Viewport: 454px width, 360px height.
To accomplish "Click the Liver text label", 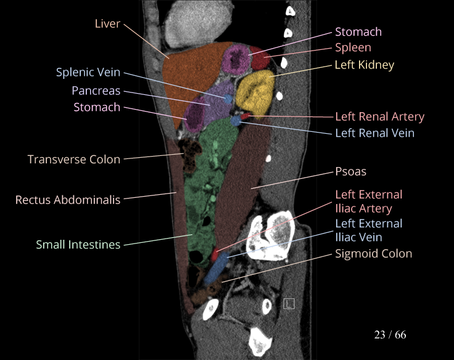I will click(x=107, y=24).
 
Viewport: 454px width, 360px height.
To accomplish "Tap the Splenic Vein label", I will click(x=88, y=73).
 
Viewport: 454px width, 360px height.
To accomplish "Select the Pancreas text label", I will click(x=96, y=90).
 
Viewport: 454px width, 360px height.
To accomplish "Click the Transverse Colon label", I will click(x=74, y=160).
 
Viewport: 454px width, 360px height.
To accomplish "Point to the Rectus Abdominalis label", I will click(x=68, y=200).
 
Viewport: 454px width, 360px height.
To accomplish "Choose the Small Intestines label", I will click(x=78, y=245).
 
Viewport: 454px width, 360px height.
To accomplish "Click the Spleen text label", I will click(x=353, y=47).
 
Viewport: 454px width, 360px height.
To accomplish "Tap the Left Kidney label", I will click(x=364, y=65).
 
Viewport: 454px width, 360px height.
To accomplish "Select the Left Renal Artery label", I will click(x=379, y=117).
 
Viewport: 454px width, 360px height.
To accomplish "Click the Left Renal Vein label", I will click(x=374, y=133).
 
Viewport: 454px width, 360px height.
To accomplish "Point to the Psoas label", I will click(x=350, y=171).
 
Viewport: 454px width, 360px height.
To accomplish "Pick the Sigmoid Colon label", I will click(x=373, y=253).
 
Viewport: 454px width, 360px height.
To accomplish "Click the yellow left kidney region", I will click(x=255, y=91).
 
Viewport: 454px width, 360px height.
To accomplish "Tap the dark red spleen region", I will click(x=259, y=60).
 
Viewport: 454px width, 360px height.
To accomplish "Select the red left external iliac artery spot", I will click(x=215, y=253).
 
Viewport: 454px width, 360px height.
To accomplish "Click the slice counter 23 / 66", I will click(x=390, y=335).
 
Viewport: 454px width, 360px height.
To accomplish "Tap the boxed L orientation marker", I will click(x=289, y=303).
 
